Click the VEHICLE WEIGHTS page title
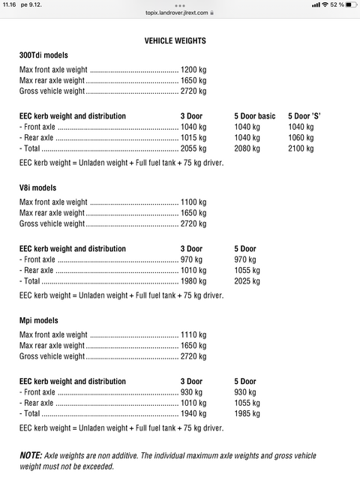[175, 40]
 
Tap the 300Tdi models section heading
[43, 55]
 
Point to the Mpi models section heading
[38, 320]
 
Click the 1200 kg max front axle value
[193, 70]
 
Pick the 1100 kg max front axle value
[193, 202]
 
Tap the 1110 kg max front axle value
[193, 334]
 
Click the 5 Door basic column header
[255, 116]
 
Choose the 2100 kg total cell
[301, 148]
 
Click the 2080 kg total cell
[247, 148]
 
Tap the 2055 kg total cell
[193, 148]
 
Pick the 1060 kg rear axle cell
[301, 138]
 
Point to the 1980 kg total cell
[193, 281]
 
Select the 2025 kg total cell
[247, 281]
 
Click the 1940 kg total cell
[193, 413]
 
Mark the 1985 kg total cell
[247, 413]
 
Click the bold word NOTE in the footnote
[31, 455]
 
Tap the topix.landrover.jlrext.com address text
[178, 13]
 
